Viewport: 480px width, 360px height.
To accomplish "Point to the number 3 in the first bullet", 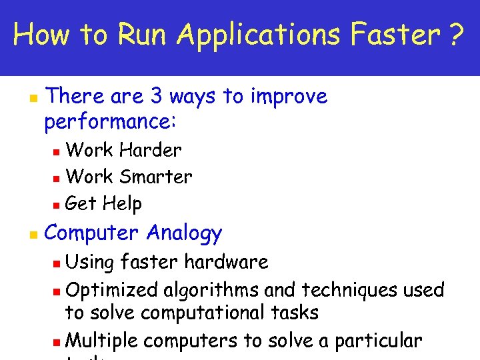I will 157,97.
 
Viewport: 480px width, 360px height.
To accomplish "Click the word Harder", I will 150,150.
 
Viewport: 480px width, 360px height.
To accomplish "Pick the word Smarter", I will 159,177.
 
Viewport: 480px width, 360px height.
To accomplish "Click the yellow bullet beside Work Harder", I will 57,151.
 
